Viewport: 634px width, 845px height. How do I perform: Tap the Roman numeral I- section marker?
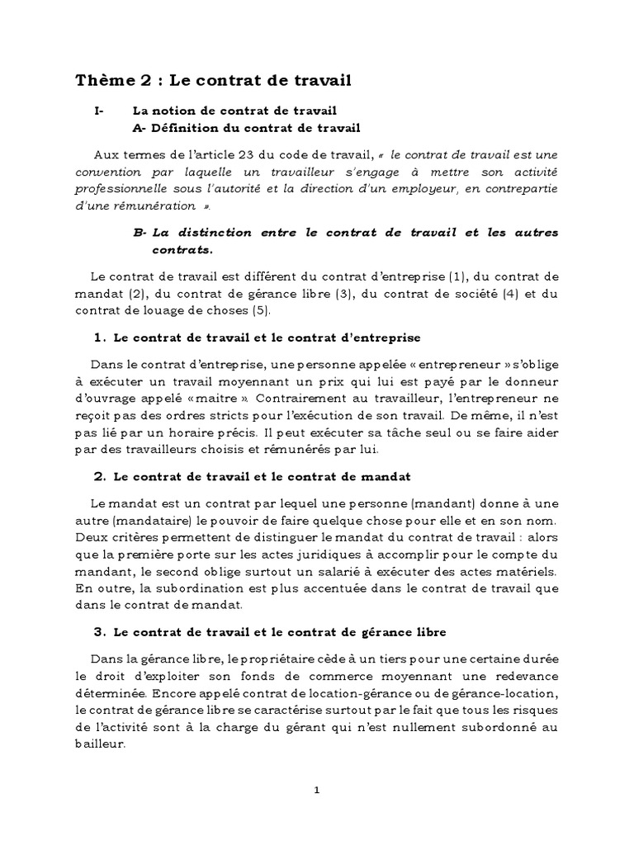[100, 111]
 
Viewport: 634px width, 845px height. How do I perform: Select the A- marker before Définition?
[139, 128]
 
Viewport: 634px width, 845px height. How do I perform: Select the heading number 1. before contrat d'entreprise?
[100, 338]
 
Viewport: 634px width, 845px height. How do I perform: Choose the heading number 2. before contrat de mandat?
[100, 477]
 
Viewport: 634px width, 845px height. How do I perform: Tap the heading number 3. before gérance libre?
[100, 633]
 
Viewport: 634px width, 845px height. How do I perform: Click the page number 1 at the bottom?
[317, 790]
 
